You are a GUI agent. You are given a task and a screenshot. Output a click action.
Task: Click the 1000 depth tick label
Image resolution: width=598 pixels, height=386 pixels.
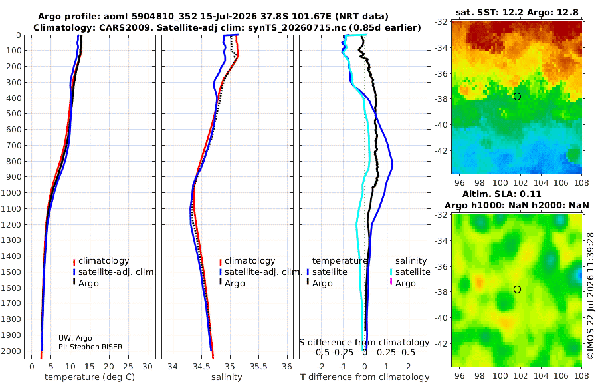point(11,192)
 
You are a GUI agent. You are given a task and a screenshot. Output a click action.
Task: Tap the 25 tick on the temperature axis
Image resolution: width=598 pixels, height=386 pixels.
point(128,367)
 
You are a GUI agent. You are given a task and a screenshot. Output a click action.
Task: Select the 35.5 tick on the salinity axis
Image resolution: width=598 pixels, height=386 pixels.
point(258,367)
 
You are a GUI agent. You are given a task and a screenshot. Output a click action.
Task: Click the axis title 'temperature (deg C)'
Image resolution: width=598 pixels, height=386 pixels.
point(90,377)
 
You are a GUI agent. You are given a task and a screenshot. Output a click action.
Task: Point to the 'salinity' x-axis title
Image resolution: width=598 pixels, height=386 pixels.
point(227,377)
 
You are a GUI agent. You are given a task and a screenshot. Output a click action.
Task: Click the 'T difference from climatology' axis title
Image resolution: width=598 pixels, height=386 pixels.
point(365,377)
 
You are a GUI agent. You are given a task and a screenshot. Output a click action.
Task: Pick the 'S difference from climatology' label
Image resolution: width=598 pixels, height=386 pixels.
point(364,342)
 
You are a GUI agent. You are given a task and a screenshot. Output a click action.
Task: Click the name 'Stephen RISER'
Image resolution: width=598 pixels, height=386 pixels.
point(96,347)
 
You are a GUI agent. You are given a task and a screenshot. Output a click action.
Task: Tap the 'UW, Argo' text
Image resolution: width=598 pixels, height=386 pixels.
point(75,338)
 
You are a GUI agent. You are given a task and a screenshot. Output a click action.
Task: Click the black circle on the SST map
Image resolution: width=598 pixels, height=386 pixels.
point(517,96)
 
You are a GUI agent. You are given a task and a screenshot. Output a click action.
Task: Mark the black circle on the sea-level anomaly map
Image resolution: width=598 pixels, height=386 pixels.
point(517,289)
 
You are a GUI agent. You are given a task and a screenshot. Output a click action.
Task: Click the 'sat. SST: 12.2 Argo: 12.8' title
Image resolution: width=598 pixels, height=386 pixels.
point(517,12)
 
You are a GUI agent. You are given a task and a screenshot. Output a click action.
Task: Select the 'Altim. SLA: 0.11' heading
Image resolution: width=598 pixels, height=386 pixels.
point(502,194)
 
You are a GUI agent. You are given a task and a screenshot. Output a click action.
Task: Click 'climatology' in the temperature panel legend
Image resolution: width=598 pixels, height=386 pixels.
point(104,261)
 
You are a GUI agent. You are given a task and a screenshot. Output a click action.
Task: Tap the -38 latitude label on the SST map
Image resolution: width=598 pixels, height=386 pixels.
point(441,99)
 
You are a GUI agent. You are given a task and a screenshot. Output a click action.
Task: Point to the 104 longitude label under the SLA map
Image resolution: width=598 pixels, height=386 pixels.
point(541,375)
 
